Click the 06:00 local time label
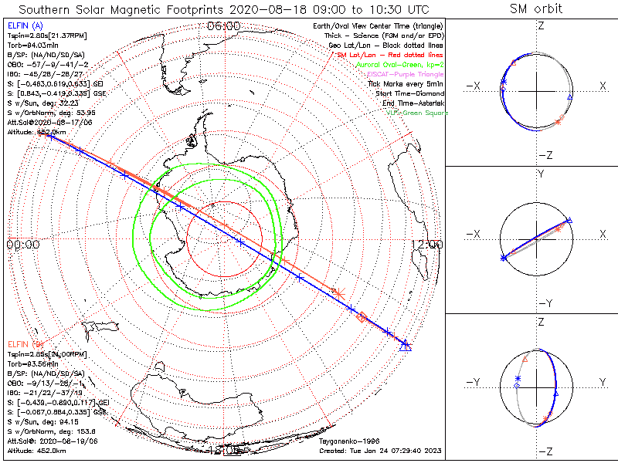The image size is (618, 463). click(x=223, y=25)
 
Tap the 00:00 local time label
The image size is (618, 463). click(x=22, y=245)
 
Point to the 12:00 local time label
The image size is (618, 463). click(x=427, y=245)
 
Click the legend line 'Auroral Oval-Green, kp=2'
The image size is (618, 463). click(x=400, y=65)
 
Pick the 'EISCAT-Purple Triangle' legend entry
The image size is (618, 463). click(x=406, y=74)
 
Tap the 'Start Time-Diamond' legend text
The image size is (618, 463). click(x=411, y=93)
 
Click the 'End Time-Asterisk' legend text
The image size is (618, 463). click(x=413, y=103)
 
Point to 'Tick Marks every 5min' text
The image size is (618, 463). click(x=406, y=84)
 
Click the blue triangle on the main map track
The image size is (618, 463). click(x=405, y=346)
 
